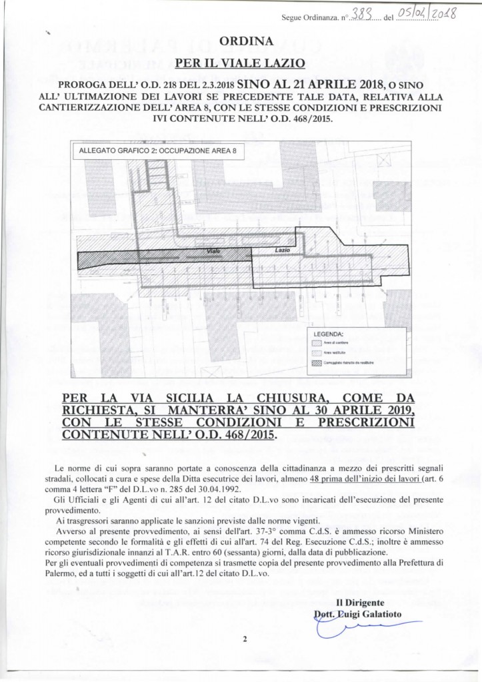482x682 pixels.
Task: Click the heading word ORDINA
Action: [241, 42]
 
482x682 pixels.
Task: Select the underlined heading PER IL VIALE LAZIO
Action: [241, 64]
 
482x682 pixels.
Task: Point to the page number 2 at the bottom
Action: [244, 639]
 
